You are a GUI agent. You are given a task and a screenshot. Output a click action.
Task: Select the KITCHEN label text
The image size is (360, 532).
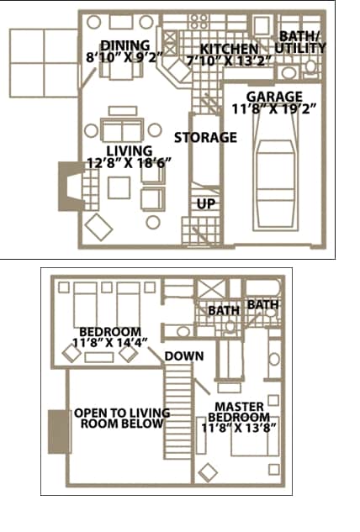click(x=229, y=49)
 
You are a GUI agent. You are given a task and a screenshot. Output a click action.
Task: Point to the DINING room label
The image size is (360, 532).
click(x=124, y=45)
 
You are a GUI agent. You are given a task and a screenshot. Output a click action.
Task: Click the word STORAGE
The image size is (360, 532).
click(x=205, y=137)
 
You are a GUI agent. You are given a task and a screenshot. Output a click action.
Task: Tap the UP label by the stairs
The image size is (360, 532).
click(x=205, y=203)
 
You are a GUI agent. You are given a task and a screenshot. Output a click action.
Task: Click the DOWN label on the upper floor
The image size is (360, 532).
click(x=183, y=356)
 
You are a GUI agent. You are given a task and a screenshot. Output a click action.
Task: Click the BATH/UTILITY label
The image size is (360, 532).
click(x=302, y=42)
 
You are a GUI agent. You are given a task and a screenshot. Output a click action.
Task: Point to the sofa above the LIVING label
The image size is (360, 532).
click(x=123, y=131)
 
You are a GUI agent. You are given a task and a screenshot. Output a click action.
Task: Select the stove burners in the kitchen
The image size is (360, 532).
click(x=201, y=20)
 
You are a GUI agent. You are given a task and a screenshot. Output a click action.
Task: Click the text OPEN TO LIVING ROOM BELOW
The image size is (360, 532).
click(x=122, y=419)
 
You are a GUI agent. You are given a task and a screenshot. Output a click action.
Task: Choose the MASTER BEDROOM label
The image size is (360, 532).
click(x=239, y=412)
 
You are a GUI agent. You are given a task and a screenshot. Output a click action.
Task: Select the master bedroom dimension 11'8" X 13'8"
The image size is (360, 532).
click(x=239, y=428)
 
